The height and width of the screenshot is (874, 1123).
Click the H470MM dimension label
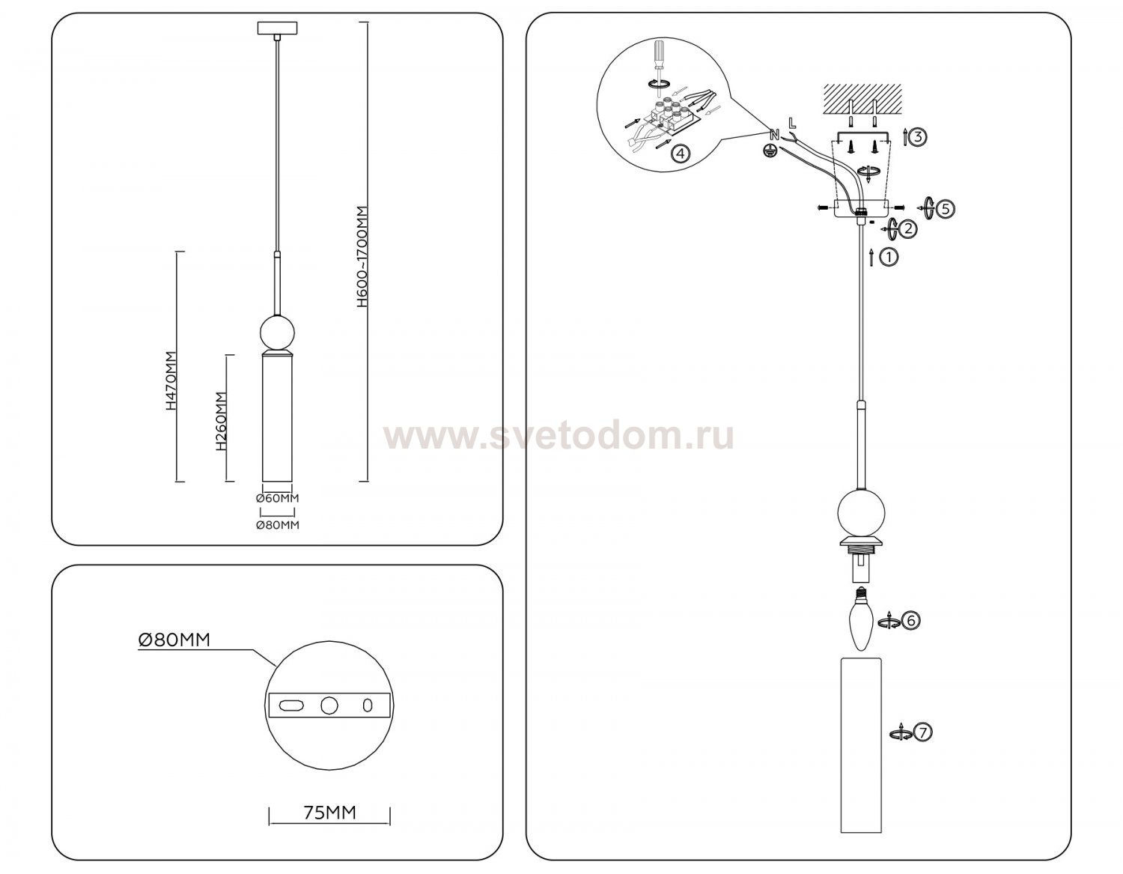click(x=171, y=381)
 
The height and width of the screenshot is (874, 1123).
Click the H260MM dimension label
click(x=221, y=421)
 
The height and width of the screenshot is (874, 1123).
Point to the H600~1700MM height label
click(x=363, y=257)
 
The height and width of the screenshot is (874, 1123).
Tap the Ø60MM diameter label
click(x=278, y=498)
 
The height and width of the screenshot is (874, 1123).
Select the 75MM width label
click(x=329, y=813)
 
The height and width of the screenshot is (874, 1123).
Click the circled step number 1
click(x=889, y=258)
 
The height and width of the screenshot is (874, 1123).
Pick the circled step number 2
click(x=908, y=228)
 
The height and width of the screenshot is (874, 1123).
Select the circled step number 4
click(x=681, y=153)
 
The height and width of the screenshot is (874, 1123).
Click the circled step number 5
click(x=946, y=209)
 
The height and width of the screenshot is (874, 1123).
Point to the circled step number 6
click(x=910, y=619)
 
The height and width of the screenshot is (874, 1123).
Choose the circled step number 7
click(x=923, y=732)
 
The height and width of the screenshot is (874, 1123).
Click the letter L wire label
click(x=792, y=123)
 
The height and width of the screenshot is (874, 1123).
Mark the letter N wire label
click(x=774, y=136)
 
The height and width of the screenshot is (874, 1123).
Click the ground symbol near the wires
click(x=770, y=151)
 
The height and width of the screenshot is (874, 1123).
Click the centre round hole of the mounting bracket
click(x=329, y=705)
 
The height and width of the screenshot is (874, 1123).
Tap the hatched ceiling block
click(x=862, y=100)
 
